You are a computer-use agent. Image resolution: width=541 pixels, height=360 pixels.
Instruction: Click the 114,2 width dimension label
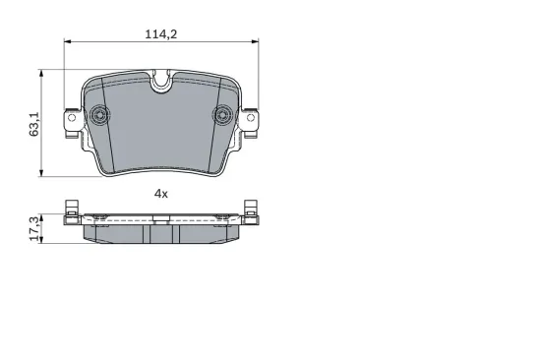click(x=160, y=34)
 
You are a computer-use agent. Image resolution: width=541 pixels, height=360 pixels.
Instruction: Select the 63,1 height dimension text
click(x=34, y=124)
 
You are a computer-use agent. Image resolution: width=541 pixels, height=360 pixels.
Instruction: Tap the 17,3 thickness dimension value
click(x=34, y=229)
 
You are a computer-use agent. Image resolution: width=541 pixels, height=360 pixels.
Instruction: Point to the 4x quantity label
click(x=160, y=194)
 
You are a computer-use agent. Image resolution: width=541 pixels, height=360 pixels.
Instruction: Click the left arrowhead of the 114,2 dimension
click(x=67, y=41)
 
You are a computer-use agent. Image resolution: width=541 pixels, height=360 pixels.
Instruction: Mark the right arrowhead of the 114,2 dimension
click(x=255, y=41)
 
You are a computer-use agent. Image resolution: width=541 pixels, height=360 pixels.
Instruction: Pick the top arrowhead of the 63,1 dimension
click(x=41, y=73)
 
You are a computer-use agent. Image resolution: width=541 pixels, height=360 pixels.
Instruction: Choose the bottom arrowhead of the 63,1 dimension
click(x=41, y=173)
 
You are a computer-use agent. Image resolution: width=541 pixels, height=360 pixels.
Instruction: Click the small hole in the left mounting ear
click(x=72, y=118)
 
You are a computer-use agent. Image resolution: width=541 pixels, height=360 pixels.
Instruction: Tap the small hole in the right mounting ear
click(x=251, y=118)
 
